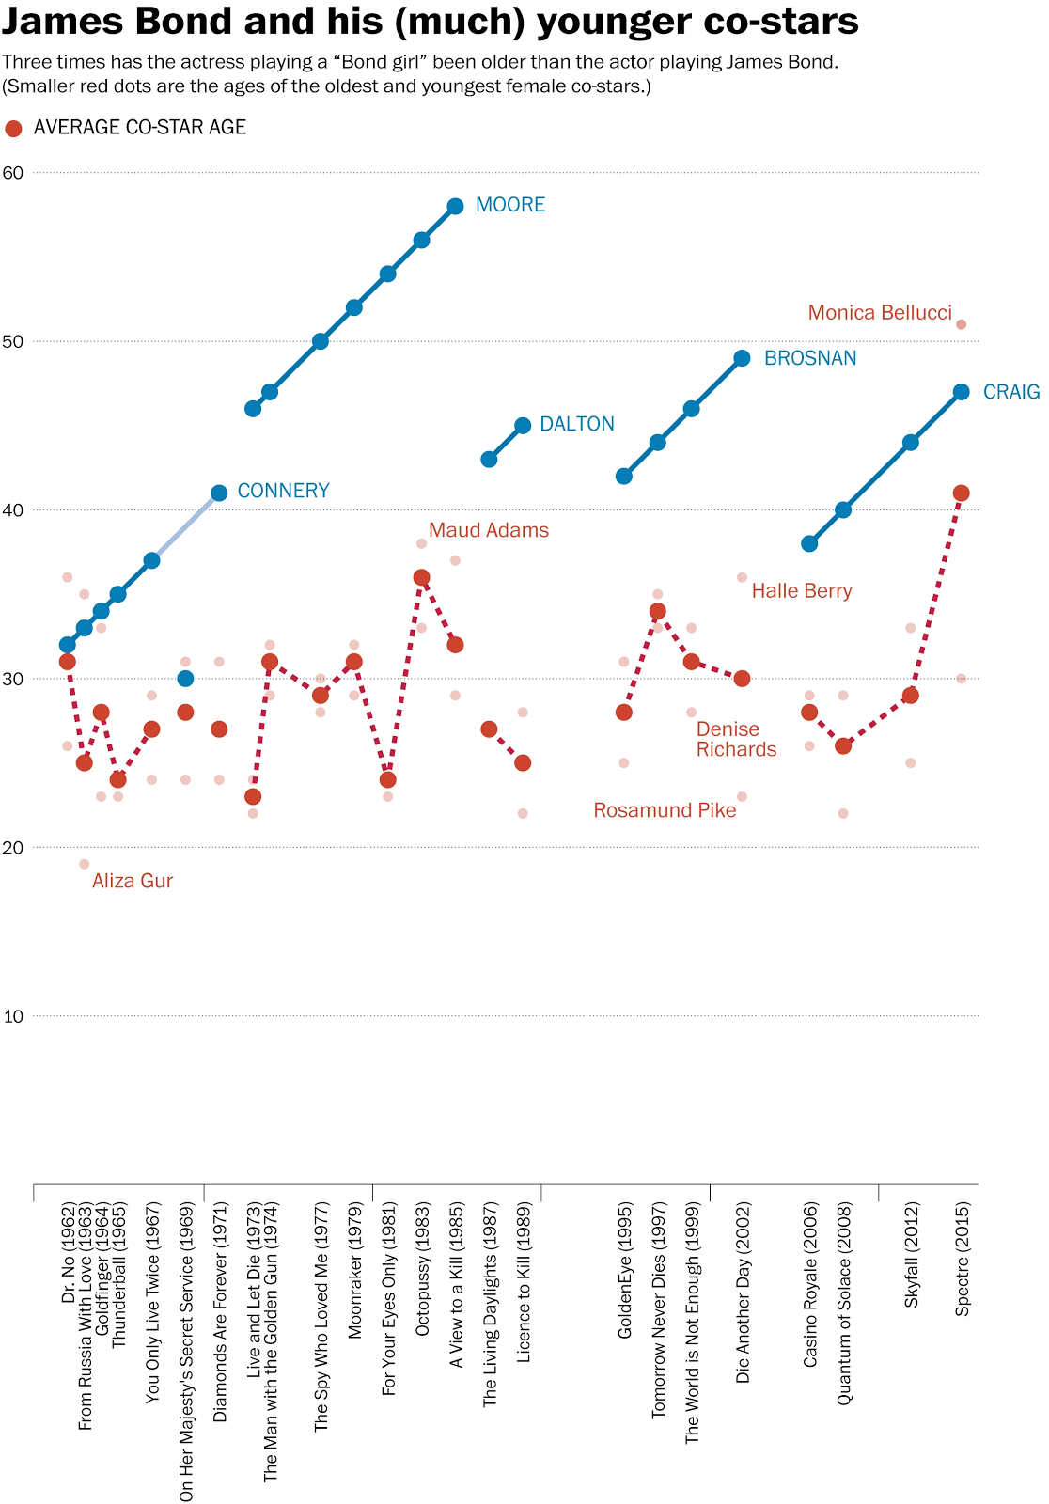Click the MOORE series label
[509, 205]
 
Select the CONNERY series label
[283, 491]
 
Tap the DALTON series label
[576, 424]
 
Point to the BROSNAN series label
[809, 358]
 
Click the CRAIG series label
[1010, 392]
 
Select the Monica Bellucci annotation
[880, 313]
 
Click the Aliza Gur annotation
[133, 881]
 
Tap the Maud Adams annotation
[489, 530]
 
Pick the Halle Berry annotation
[802, 591]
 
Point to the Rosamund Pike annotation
[665, 810]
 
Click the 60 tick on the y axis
[13, 173]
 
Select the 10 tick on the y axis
[13, 1016]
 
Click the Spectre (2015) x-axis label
[962, 1259]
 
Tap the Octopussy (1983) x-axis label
[422, 1268]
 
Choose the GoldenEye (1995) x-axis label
[624, 1270]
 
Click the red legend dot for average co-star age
[13, 129]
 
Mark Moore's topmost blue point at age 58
[455, 206]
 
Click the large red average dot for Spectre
[961, 493]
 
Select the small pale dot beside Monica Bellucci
[961, 324]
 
